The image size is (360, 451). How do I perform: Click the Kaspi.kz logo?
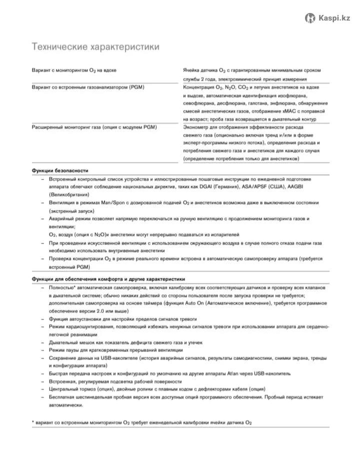click(x=328, y=18)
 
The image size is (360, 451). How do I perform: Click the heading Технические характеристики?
click(x=95, y=47)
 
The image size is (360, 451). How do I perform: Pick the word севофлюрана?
click(x=199, y=103)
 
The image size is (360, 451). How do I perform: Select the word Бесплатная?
click(x=63, y=397)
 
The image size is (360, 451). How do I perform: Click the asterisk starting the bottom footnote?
click(x=33, y=422)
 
